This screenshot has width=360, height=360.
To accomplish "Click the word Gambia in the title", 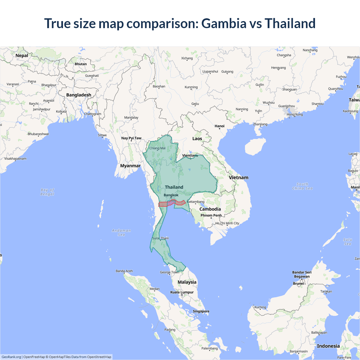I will pyautogui.click(x=224, y=23).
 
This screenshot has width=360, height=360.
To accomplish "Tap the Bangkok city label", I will pyautogui.click(x=171, y=195).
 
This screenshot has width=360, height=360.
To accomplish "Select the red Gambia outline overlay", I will pyautogui.click(x=163, y=204).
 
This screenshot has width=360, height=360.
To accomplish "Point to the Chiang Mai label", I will pyautogui.click(x=157, y=148).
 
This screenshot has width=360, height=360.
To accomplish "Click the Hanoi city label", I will pyautogui.click(x=219, y=126).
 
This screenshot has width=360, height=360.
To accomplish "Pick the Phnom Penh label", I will pyautogui.click(x=211, y=215).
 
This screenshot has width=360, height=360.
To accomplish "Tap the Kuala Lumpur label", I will pyautogui.click(x=182, y=292).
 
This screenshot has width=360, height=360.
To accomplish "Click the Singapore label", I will pyautogui.click(x=201, y=311).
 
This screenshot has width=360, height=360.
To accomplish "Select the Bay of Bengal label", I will pyautogui.click(x=47, y=192).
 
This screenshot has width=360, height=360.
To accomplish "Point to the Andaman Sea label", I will pyautogui.click(x=121, y=233).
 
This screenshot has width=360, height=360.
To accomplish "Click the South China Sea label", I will pyautogui.click(x=302, y=186).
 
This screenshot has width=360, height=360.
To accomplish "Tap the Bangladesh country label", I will pyautogui.click(x=79, y=95).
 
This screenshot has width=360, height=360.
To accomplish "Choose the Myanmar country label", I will pyautogui.click(x=130, y=166).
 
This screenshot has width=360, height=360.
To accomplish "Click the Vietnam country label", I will pyautogui.click(x=238, y=178).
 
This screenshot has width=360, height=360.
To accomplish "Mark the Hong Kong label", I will pyautogui.click(x=295, y=114).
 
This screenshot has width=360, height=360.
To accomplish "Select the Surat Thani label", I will pyautogui.click(x=160, y=238).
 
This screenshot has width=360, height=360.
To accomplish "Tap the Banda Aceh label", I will pyautogui.click(x=124, y=271).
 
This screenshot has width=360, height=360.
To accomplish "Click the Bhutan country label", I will pyautogui.click(x=81, y=64).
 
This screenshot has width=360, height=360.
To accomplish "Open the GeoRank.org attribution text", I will pyautogui.click(x=11, y=357).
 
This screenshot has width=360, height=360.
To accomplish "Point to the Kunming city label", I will pyautogui.click(x=191, y=87).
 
